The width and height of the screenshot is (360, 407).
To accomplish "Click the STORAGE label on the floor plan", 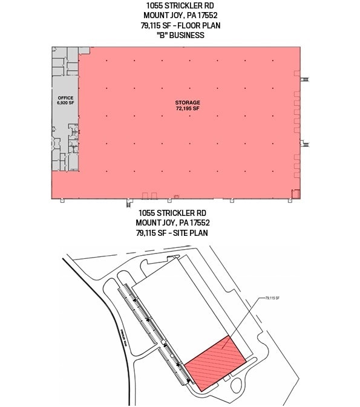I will pos(188,102).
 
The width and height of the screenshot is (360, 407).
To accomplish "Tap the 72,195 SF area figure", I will pos(188,109).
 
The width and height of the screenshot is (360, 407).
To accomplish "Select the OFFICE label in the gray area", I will pos(65,98).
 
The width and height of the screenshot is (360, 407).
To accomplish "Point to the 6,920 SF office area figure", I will pos(65,103).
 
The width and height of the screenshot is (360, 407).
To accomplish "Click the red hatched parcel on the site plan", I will pos(215,362).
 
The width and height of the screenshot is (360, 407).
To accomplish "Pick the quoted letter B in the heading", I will pos(159,35).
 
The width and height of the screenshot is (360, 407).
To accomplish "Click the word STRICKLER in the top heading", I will pos(179,6).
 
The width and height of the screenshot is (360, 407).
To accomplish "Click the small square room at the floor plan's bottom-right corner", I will pos(296,194).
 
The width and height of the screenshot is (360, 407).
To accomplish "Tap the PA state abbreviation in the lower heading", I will pos(186,223).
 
